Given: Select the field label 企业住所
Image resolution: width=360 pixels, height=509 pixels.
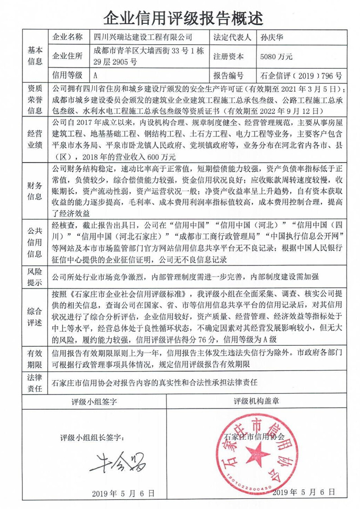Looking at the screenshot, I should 68,57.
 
